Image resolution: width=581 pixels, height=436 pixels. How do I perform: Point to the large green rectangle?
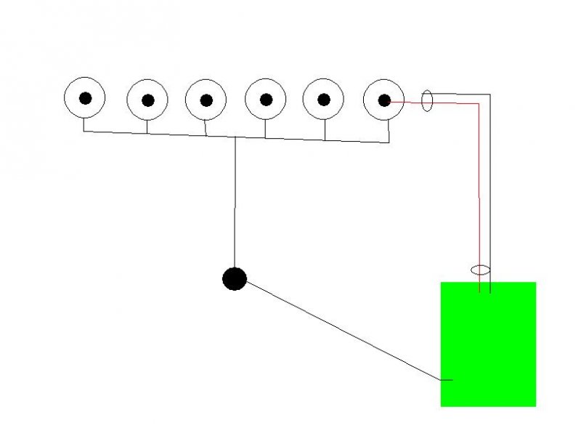click(x=488, y=344)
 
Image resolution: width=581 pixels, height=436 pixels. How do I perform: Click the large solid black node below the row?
click(x=234, y=278)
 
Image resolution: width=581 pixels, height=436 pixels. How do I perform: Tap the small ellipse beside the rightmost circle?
click(x=428, y=101)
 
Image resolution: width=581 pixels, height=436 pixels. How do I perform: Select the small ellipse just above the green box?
click(x=480, y=270)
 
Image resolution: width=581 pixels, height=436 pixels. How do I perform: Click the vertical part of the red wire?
click(x=479, y=189)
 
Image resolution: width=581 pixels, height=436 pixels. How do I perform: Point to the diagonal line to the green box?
click(x=341, y=331)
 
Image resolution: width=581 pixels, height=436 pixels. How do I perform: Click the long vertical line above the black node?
click(x=235, y=203)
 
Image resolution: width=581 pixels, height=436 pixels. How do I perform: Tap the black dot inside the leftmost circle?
click(x=86, y=98)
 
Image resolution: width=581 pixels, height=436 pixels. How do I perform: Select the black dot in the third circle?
click(x=206, y=100)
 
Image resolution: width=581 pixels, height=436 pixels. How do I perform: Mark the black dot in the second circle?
click(x=147, y=101)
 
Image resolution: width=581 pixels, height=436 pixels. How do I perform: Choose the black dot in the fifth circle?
click(x=324, y=100)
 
